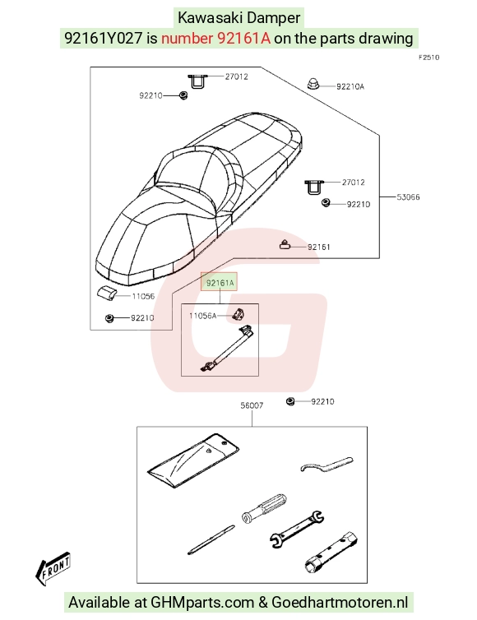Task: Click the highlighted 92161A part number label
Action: click(220, 283)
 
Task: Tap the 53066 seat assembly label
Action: click(408, 197)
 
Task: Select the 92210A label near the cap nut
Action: click(350, 86)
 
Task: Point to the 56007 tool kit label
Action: click(252, 405)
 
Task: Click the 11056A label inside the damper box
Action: click(202, 316)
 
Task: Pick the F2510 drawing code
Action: click(428, 58)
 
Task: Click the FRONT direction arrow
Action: click(53, 568)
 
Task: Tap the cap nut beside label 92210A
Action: click(313, 84)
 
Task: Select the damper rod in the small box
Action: click(228, 349)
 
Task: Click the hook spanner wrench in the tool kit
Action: click(326, 465)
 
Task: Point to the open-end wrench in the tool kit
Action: click(297, 529)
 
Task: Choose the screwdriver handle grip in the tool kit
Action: click(264, 507)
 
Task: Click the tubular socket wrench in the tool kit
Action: click(331, 553)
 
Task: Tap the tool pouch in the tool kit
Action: click(193, 460)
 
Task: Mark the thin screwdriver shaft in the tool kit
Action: click(211, 539)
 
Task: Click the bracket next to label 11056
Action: click(106, 293)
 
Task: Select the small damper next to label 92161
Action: click(285, 245)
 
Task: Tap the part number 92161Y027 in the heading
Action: click(104, 38)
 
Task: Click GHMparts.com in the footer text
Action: click(201, 602)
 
